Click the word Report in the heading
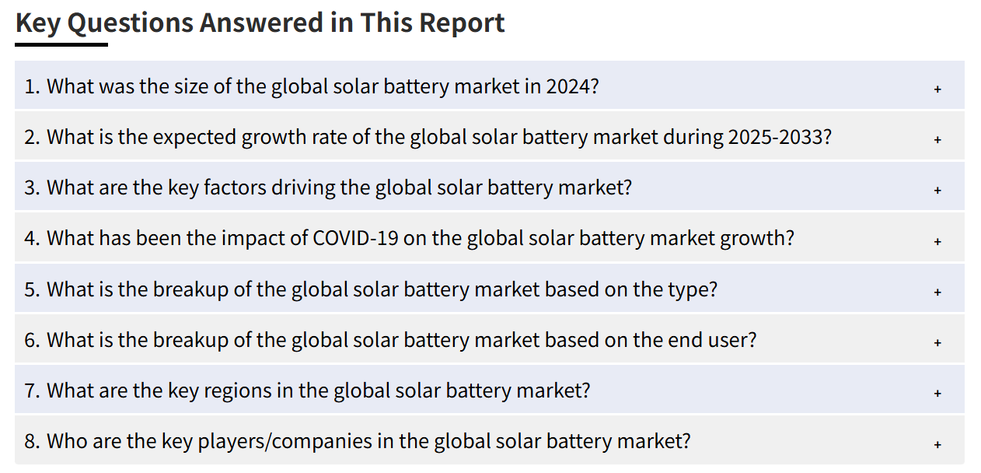(x=462, y=23)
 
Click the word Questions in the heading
(x=130, y=23)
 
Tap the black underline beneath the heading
(x=61, y=44)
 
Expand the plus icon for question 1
(x=937, y=89)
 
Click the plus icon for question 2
(x=937, y=140)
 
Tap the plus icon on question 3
(x=937, y=191)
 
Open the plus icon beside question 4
(x=937, y=241)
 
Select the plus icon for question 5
(x=937, y=293)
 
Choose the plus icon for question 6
(x=937, y=343)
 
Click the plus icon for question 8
(x=937, y=444)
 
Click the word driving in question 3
(x=303, y=188)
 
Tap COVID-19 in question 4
(x=355, y=239)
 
